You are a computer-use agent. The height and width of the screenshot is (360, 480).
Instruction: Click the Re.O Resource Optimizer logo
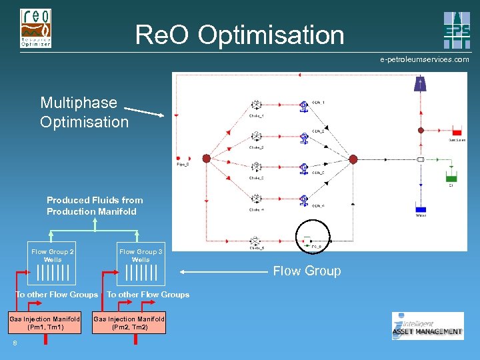click(x=36, y=28)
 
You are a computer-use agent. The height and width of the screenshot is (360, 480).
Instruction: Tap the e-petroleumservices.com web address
click(x=424, y=59)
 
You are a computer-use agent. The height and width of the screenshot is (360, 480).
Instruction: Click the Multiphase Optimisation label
click(x=84, y=112)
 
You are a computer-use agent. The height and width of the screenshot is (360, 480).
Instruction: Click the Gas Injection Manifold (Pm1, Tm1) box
click(x=45, y=323)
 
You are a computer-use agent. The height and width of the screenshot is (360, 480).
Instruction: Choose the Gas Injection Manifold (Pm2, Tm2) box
click(x=129, y=323)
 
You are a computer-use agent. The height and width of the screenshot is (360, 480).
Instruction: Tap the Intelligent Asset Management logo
click(x=427, y=326)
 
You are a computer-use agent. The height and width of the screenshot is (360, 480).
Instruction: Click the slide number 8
click(x=14, y=343)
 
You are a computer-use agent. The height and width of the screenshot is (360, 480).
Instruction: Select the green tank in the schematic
click(x=451, y=177)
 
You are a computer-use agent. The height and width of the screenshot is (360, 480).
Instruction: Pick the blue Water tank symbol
click(x=420, y=207)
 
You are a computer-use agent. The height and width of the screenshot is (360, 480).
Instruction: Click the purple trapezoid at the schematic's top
click(x=420, y=83)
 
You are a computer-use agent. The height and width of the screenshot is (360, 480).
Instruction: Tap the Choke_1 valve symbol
click(x=256, y=105)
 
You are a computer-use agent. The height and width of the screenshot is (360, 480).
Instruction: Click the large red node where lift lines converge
click(x=353, y=159)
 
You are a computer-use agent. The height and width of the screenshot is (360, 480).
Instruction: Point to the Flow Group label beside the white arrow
click(x=307, y=271)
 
